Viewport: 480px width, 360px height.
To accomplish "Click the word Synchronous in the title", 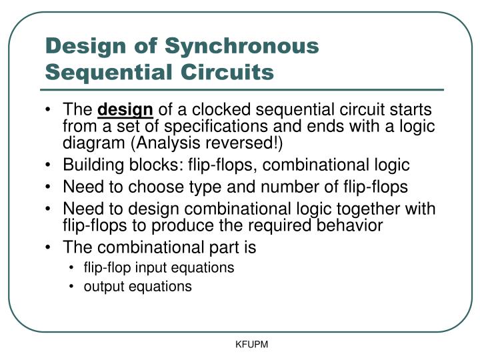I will click(242, 46).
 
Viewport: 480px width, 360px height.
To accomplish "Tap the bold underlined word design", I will click(125, 109).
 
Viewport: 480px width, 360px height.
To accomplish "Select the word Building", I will click(91, 165).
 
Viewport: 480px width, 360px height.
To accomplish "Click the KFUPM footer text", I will click(251, 345).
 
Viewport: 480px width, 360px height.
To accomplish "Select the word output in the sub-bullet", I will click(102, 287).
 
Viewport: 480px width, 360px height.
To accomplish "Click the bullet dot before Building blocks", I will click(51, 165).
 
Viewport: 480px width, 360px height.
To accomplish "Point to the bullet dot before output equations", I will click(72, 287).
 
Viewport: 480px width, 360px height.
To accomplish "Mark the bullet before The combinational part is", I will click(51, 248).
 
